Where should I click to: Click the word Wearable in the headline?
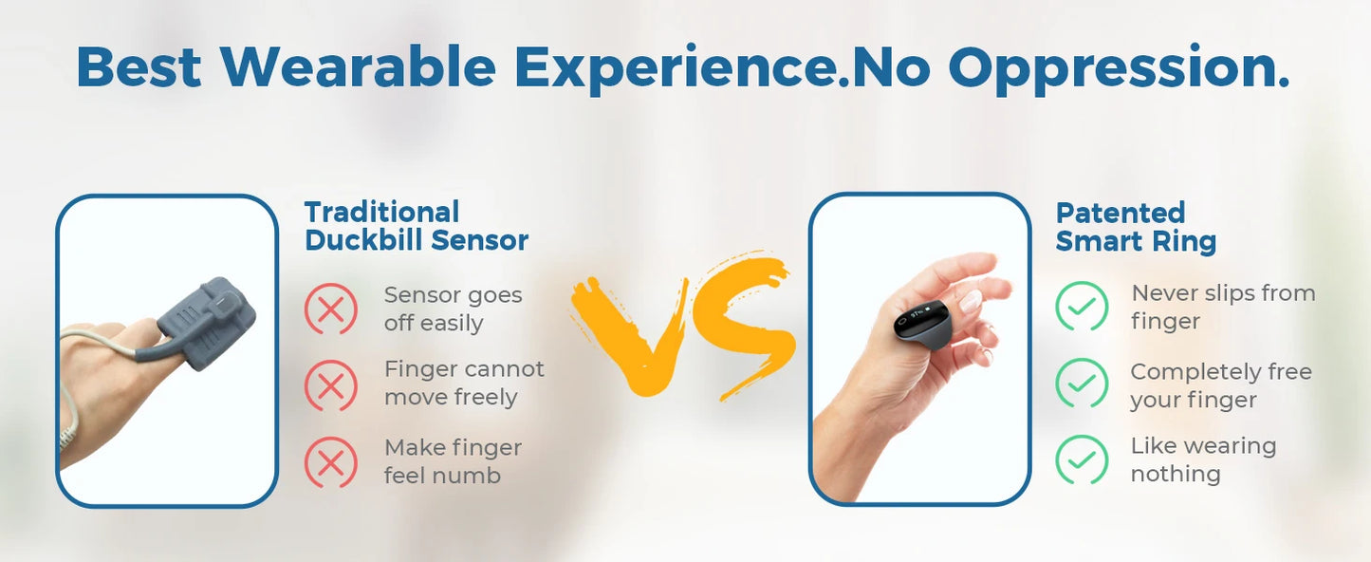[359, 66]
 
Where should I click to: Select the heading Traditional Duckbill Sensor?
[417, 226]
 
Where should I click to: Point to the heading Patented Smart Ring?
[1136, 227]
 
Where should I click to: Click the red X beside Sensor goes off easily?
[331, 308]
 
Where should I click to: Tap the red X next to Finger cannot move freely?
[331, 385]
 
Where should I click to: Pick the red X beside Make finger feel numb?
[331, 462]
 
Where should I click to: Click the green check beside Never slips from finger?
[1082, 306]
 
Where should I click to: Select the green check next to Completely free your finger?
[1082, 384]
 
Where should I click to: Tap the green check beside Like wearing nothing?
[1082, 459]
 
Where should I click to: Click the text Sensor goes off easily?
[453, 309]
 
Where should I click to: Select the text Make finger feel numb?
[453, 461]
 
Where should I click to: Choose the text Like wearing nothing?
[1203, 459]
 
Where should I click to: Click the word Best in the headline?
[139, 66]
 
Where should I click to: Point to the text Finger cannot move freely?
[464, 384]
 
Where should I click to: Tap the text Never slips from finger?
[1223, 307]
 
